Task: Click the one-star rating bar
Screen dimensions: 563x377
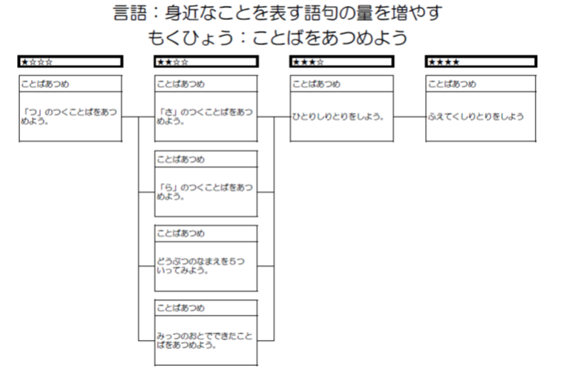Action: click(x=70, y=61)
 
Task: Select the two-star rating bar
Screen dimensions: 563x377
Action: click(x=206, y=61)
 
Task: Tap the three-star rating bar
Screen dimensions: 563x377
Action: click(x=342, y=61)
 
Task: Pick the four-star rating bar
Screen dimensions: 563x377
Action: click(x=481, y=61)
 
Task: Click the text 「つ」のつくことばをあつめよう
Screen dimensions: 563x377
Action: click(x=69, y=116)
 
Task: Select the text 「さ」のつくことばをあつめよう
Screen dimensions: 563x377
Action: click(x=205, y=116)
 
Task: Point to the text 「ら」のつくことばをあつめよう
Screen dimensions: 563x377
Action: click(x=205, y=192)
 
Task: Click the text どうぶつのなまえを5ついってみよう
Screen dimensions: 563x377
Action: click(x=200, y=266)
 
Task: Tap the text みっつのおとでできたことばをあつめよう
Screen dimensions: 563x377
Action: click(x=205, y=341)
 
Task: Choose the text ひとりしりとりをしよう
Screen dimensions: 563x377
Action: click(x=338, y=116)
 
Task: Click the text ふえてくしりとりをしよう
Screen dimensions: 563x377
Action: click(x=475, y=116)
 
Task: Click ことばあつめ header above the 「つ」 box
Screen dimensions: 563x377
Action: click(x=45, y=84)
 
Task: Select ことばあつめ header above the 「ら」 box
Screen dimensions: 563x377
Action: click(x=180, y=159)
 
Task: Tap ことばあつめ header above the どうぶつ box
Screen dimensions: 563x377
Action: click(x=180, y=233)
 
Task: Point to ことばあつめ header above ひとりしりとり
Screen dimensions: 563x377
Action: click(x=316, y=84)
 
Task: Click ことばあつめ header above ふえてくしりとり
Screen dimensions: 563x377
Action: click(x=452, y=84)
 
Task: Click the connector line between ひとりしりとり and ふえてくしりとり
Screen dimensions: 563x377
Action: click(x=409, y=116)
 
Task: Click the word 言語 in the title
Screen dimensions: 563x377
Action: click(x=130, y=13)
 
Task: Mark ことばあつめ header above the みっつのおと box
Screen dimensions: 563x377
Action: click(x=180, y=308)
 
